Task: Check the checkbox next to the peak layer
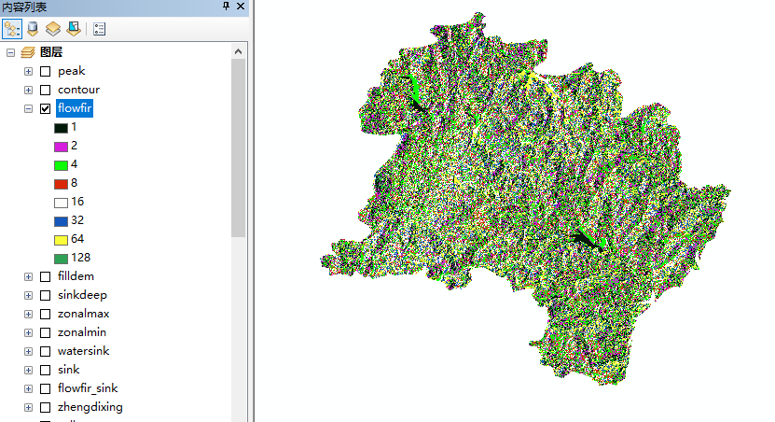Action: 45,71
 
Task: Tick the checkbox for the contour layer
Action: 45,90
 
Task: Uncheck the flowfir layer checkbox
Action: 45,108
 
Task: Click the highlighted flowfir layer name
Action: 75,108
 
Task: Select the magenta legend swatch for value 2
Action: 61,146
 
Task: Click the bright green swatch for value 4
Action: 61,164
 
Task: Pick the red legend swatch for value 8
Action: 61,183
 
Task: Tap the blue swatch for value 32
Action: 61,220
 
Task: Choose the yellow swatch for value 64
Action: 61,239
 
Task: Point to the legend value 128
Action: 80,258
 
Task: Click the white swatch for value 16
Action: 61,202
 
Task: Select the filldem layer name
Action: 76,276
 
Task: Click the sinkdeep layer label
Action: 83,295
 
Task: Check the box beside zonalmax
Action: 45,314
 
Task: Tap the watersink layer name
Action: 84,351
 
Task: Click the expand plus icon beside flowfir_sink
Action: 28,388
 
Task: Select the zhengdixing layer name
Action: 90,407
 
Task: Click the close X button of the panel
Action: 241,7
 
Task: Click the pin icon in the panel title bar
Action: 226,7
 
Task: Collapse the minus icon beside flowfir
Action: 28,108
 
